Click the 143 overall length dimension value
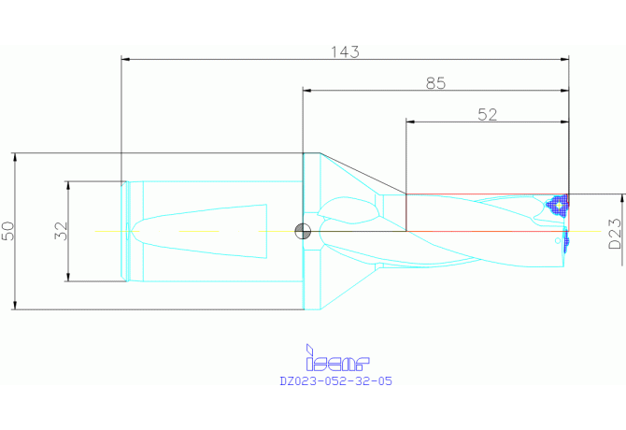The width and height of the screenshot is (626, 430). [345, 52]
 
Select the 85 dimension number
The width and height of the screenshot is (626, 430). [435, 83]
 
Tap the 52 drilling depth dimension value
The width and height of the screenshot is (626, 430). [488, 115]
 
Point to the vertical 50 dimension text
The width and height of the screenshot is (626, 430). [8, 231]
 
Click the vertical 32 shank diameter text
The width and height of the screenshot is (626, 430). [61, 231]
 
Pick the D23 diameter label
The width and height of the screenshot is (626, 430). [615, 234]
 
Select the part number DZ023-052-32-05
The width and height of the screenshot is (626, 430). [335, 380]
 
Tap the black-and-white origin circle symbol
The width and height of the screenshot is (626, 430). [303, 231]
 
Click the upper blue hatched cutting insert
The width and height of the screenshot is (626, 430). [558, 206]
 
